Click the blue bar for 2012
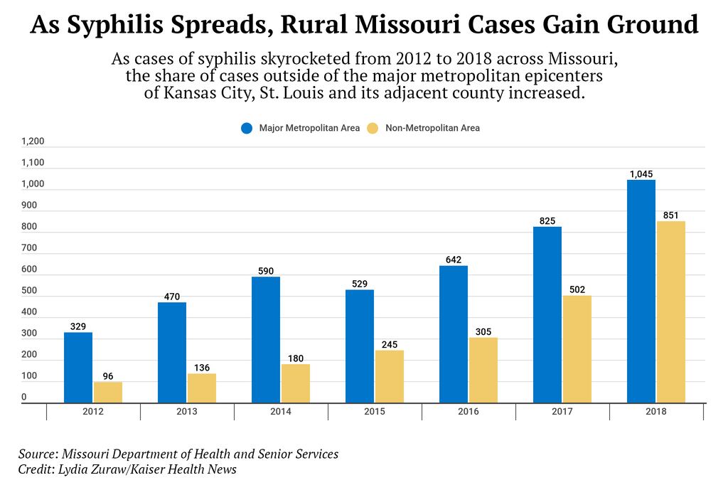[78, 368]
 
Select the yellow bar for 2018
[670, 312]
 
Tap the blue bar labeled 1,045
[641, 292]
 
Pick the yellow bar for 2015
[389, 377]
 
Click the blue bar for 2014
[266, 340]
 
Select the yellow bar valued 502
[577, 349]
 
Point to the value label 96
[108, 376]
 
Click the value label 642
[454, 260]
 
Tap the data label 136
[202, 368]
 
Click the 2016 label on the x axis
[469, 412]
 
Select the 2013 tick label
[187, 412]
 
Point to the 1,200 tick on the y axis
[33, 142]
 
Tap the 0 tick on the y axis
[23, 398]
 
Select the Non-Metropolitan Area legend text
[432, 129]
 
